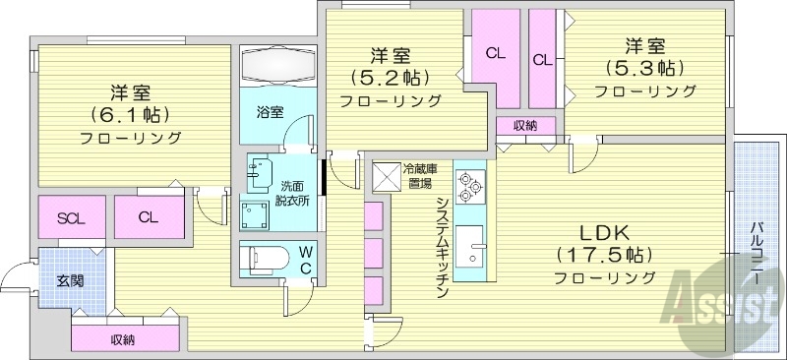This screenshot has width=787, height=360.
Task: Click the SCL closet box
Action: click(x=70, y=217)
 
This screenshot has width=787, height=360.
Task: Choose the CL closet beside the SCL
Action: click(x=149, y=217)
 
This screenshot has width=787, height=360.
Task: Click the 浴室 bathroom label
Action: click(x=271, y=111)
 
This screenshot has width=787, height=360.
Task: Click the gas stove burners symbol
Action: click(x=469, y=185)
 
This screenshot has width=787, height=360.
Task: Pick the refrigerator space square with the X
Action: click(x=388, y=176)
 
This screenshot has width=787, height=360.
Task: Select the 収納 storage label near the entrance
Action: click(x=123, y=339)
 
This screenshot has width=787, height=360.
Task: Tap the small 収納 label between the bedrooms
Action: click(x=525, y=125)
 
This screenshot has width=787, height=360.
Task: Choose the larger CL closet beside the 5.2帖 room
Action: click(x=495, y=54)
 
